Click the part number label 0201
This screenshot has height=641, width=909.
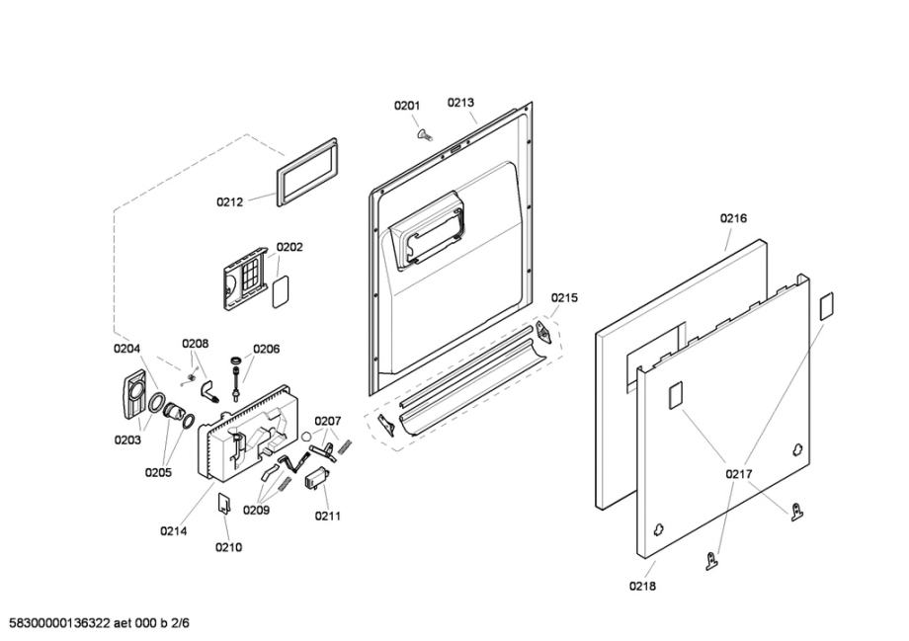click(x=407, y=106)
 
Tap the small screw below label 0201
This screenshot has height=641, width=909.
click(x=425, y=133)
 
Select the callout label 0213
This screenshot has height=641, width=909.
click(x=460, y=102)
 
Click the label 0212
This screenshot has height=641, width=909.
click(x=230, y=202)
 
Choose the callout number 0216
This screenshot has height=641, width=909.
click(x=733, y=218)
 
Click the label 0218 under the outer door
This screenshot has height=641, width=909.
click(x=642, y=586)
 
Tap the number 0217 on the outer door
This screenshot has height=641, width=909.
click(x=739, y=475)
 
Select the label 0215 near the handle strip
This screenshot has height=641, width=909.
click(x=564, y=297)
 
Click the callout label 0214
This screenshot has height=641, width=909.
click(x=174, y=530)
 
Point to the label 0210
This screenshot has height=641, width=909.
click(x=228, y=547)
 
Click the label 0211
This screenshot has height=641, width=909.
click(x=329, y=516)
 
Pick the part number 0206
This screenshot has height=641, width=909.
click(x=266, y=349)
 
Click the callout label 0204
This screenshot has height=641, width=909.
click(x=126, y=348)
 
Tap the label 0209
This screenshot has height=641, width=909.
click(x=256, y=511)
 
